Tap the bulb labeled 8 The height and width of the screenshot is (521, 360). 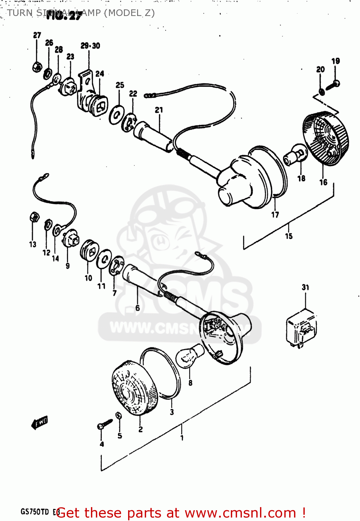click(189, 356)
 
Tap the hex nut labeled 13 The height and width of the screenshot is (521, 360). click(34, 217)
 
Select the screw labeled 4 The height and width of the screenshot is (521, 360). click(104, 424)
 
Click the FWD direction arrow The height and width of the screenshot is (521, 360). click(39, 422)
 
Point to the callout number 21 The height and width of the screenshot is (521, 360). click(159, 110)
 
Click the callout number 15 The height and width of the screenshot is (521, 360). click(288, 236)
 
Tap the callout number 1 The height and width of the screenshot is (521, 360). click(182, 438)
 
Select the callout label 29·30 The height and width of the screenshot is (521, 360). click(90, 46)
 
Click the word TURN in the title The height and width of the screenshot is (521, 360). click(20, 13)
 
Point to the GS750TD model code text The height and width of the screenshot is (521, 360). click(35, 512)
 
